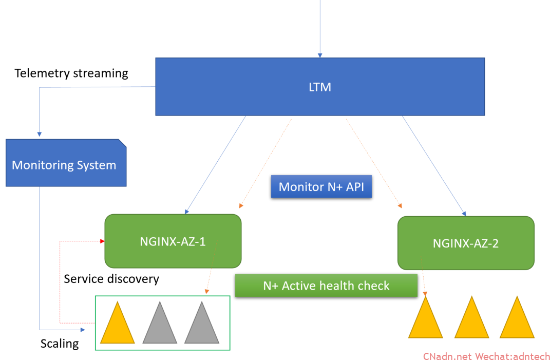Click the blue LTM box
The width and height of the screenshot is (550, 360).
[x=320, y=87]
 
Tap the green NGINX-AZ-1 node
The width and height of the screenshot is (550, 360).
[x=173, y=241]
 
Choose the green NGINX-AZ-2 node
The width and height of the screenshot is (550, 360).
[x=466, y=243]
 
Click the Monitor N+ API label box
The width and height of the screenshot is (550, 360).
[x=321, y=187]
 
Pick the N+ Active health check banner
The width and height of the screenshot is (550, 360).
[x=326, y=286]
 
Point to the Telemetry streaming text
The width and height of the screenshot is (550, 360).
[x=71, y=73]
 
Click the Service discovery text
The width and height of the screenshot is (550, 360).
[x=111, y=279]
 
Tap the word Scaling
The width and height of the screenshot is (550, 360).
[x=60, y=344]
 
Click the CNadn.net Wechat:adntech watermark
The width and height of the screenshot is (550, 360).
[x=486, y=356]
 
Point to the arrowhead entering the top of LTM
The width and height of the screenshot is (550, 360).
[x=320, y=55]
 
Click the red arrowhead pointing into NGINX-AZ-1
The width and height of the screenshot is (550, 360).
[x=102, y=241]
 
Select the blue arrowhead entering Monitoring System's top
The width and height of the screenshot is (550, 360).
[x=39, y=135]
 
